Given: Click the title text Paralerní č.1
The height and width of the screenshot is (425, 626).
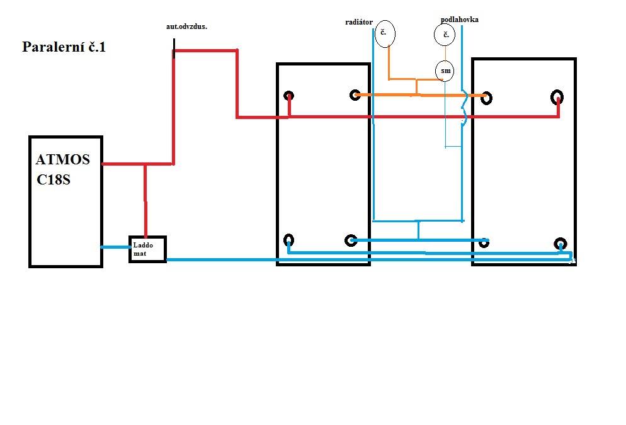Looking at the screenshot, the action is coord(64,47).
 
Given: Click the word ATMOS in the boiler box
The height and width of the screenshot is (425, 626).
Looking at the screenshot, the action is coord(63,160).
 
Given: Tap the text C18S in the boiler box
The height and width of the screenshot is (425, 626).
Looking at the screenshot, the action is coord(54,180).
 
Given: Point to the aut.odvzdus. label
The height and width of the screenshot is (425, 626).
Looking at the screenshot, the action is coord(186,26).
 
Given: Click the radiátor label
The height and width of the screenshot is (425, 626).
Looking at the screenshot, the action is coord(359,22).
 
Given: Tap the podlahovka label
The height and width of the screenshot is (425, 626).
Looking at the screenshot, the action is coord(460,20).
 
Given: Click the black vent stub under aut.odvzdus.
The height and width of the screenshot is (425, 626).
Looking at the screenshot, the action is coord(174,48).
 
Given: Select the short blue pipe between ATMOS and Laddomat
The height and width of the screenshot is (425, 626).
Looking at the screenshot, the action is coord(116,247).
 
